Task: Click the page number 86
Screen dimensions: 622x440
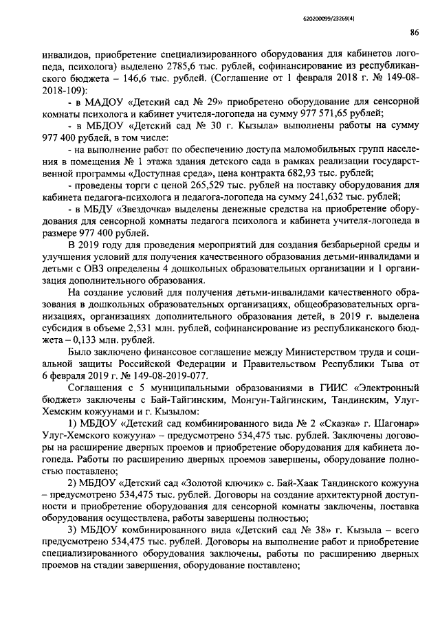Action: [x=415, y=32]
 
